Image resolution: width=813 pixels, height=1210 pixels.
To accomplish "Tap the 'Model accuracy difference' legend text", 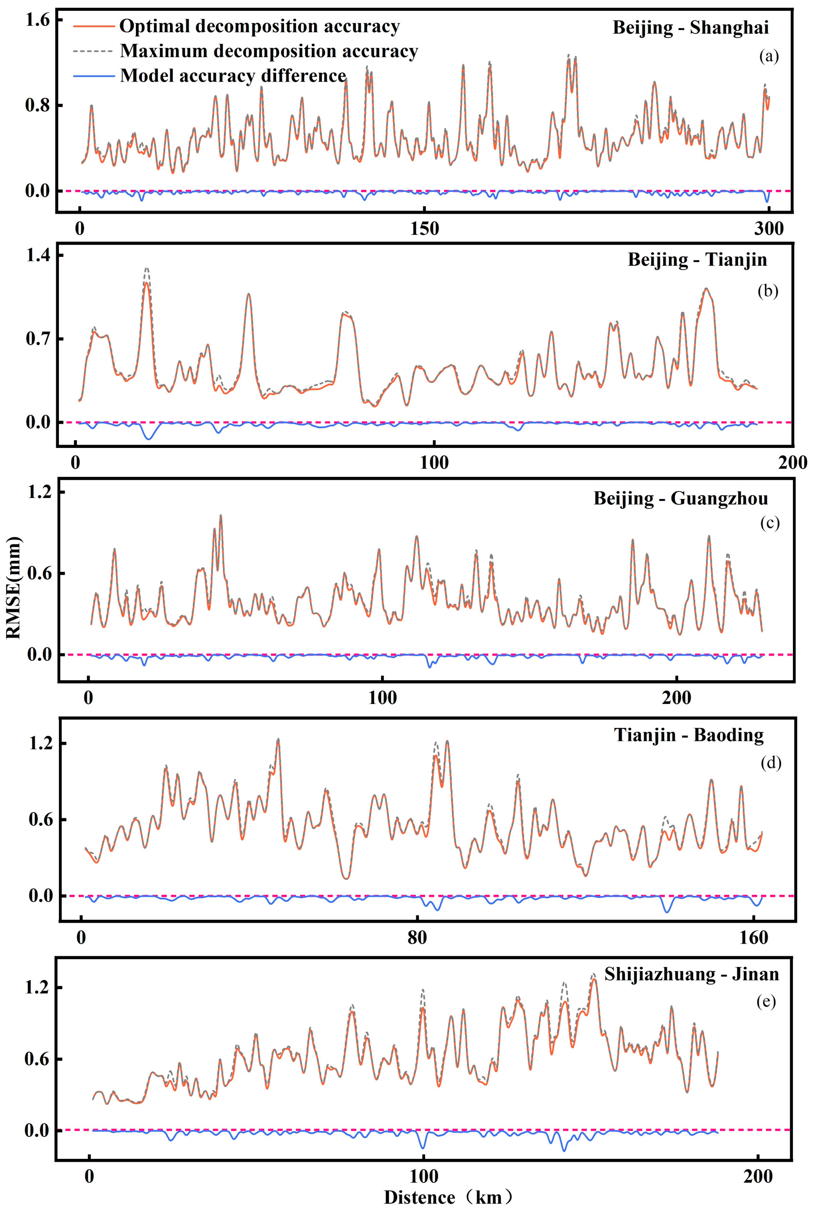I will pyautogui.click(x=233, y=76).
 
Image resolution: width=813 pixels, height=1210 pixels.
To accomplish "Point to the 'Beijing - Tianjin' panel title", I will pyautogui.click(x=697, y=259).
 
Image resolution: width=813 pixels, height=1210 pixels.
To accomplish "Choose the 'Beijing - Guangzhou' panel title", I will pyautogui.click(x=680, y=498).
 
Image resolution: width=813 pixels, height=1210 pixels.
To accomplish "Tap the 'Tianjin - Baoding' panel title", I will pyautogui.click(x=689, y=735).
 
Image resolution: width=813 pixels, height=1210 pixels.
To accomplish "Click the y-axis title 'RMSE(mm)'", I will pyautogui.click(x=14, y=588).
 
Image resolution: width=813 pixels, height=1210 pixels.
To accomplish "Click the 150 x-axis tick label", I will pyautogui.click(x=424, y=228).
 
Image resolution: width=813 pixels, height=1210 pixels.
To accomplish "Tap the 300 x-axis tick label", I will pyautogui.click(x=768, y=228).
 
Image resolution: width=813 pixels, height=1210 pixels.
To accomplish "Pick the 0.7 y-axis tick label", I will pyautogui.click(x=37, y=339).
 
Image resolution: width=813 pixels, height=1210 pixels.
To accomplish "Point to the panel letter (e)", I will pyautogui.click(x=766, y=1002).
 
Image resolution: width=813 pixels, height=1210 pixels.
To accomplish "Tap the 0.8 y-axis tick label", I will pyautogui.click(x=37, y=105).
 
